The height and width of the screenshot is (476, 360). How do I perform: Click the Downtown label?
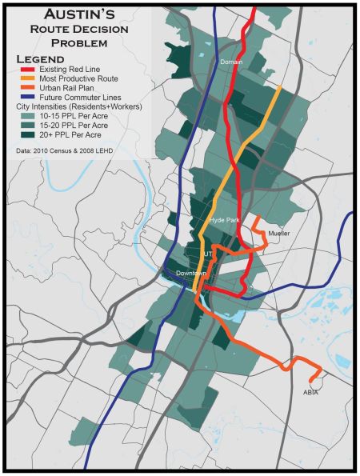click(x=190, y=274)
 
